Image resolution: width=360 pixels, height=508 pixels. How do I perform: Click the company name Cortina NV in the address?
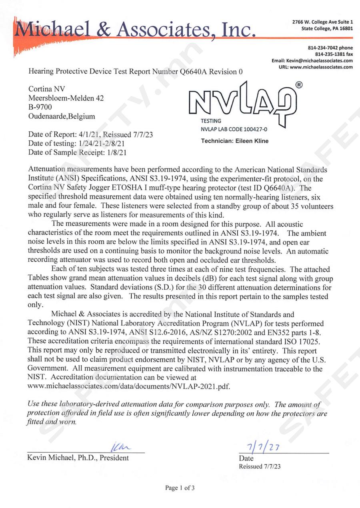[x=44, y=89]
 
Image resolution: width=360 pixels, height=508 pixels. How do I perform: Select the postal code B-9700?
[x=40, y=107]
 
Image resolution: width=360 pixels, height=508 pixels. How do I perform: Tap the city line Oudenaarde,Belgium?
[x=62, y=116]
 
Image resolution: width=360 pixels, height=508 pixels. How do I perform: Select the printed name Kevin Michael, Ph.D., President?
[x=78, y=458]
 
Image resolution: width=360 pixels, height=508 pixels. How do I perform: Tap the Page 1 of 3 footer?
[x=180, y=488]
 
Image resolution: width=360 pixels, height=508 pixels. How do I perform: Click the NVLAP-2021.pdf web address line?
[x=129, y=386]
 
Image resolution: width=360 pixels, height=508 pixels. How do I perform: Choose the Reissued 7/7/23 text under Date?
[x=260, y=466]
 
